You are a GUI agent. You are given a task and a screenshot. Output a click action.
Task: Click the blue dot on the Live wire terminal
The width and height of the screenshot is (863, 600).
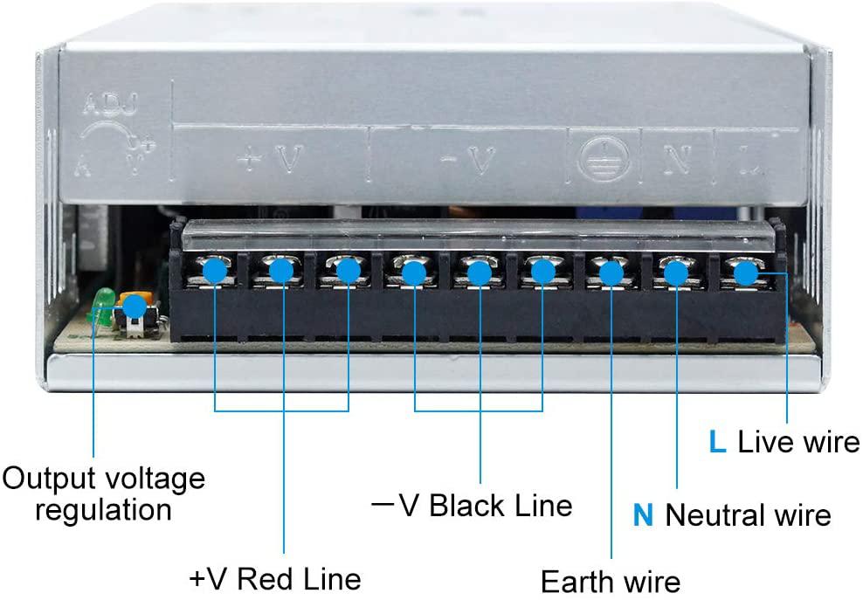(x=744, y=272)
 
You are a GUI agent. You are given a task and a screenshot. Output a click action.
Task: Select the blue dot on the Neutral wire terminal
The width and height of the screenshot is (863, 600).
(x=676, y=273)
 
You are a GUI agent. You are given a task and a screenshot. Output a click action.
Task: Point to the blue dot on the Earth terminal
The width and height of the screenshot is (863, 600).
(x=611, y=273)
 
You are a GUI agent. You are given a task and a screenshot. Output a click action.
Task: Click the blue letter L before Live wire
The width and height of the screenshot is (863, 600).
(x=716, y=442)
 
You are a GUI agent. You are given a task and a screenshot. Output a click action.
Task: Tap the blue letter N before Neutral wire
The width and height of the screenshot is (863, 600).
(x=643, y=515)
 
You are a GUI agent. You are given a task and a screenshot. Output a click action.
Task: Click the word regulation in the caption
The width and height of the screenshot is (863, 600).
(x=103, y=509)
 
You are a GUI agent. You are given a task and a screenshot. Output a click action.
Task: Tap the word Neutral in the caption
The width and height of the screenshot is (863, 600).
(x=716, y=515)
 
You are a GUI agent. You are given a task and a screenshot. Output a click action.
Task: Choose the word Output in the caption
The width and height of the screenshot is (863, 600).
(x=48, y=479)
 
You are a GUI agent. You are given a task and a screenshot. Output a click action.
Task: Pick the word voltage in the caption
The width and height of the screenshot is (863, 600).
(x=155, y=479)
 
